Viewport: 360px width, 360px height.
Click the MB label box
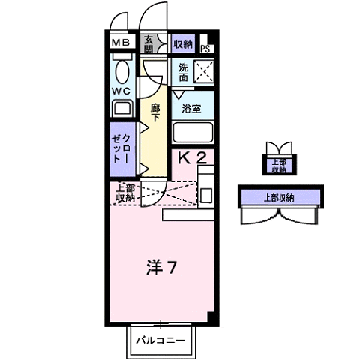click(121, 43)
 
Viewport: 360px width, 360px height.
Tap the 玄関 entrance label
click(148, 45)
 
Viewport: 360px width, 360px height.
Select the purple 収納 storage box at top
click(183, 44)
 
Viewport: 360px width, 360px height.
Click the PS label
click(205, 49)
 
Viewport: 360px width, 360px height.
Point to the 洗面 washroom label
click(183, 71)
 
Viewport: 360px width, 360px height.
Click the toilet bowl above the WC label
click(123, 71)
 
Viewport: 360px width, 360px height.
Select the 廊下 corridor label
click(155, 112)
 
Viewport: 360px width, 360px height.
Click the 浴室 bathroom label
click(192, 108)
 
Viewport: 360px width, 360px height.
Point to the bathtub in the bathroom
click(193, 134)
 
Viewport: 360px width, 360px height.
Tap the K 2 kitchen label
click(191, 158)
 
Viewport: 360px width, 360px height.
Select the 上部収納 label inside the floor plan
click(124, 193)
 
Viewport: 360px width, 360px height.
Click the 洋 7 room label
click(160, 267)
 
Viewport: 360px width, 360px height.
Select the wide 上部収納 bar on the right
click(279, 198)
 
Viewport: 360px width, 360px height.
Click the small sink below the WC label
click(122, 109)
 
